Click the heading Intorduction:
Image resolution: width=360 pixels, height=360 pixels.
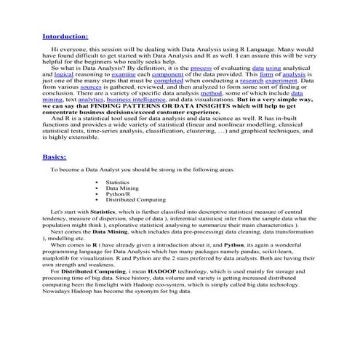65,35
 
